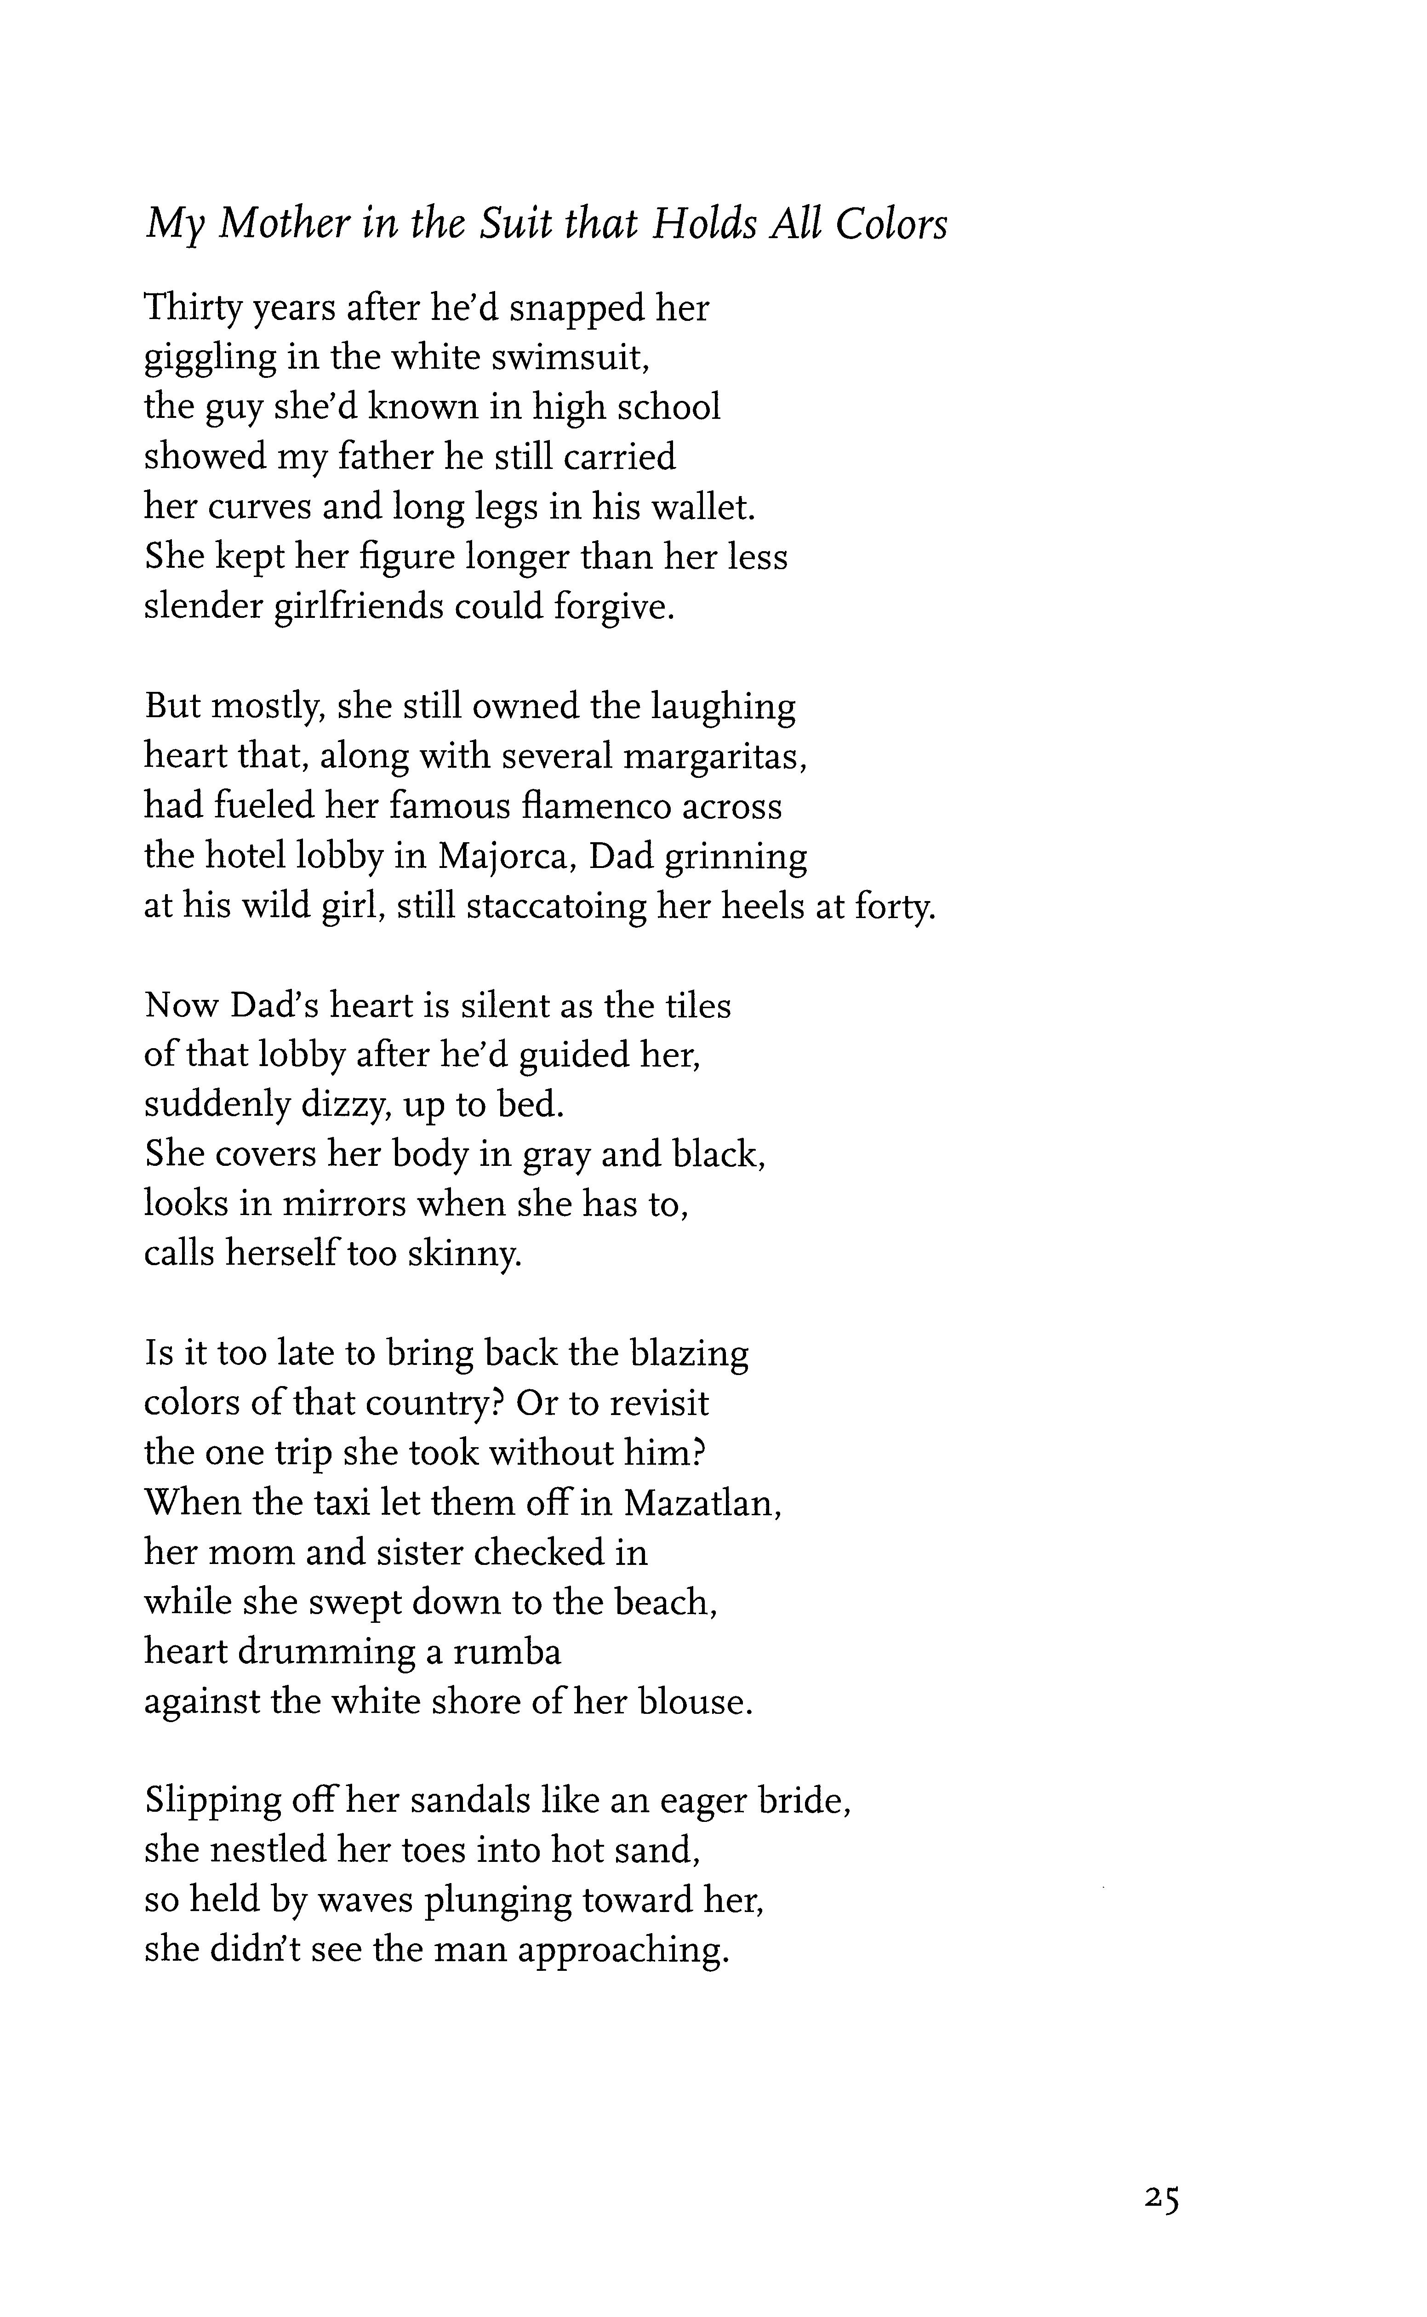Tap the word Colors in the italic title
(x=892, y=225)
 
